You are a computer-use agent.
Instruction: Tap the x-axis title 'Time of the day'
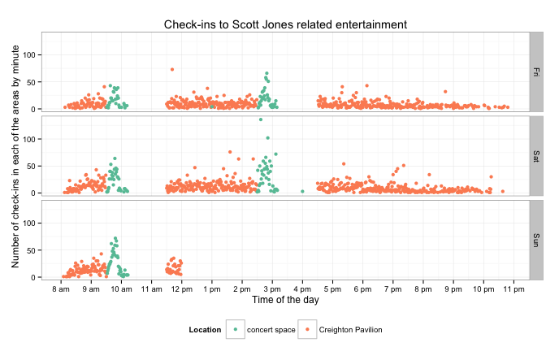285,299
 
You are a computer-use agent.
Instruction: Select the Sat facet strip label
535,155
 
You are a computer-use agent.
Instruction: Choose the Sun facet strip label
535,239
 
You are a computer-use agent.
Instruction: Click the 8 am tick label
59,288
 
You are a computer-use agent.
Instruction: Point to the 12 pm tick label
180,288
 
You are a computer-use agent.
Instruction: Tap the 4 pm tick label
302,288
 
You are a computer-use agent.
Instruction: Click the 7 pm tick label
393,288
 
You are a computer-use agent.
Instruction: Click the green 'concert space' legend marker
236,329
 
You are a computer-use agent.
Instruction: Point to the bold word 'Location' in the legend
205,329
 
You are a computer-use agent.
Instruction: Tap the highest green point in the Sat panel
261,119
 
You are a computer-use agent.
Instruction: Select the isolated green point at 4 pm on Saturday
302,192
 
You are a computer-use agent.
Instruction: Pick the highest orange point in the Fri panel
172,69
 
